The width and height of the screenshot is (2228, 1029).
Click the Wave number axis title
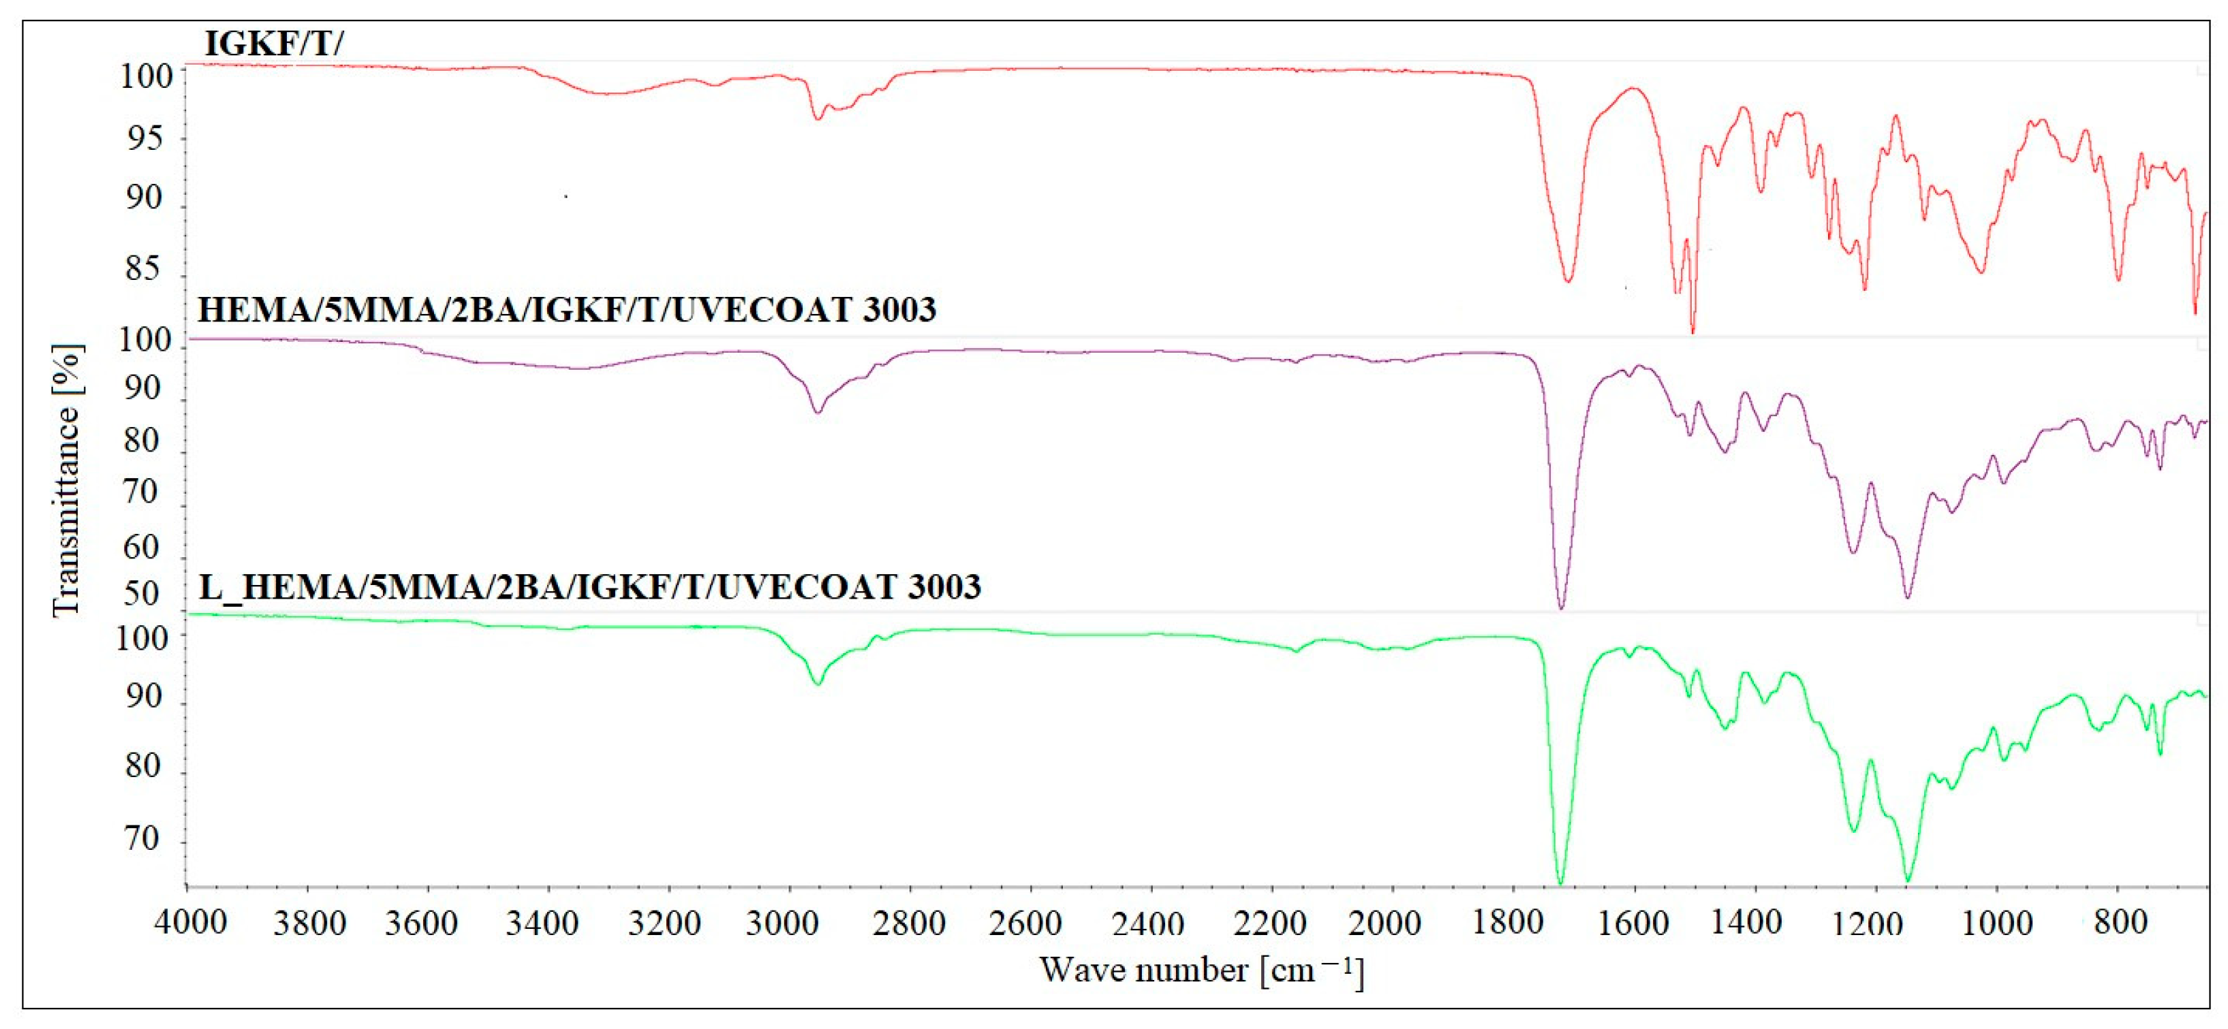(x=1201, y=970)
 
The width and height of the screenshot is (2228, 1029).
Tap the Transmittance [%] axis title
(x=67, y=481)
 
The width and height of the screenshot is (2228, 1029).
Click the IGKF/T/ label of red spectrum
(x=273, y=43)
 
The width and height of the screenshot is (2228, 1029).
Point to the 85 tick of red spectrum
(x=142, y=269)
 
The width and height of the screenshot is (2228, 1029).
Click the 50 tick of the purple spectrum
(x=142, y=594)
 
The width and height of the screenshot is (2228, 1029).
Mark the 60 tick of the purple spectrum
(x=142, y=546)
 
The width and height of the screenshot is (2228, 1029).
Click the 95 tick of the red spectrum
(x=142, y=138)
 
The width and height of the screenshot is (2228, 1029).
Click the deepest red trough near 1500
(x=1692, y=330)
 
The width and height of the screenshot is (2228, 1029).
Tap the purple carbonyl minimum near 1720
(x=1561, y=608)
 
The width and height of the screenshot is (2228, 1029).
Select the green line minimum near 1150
(x=1908, y=881)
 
